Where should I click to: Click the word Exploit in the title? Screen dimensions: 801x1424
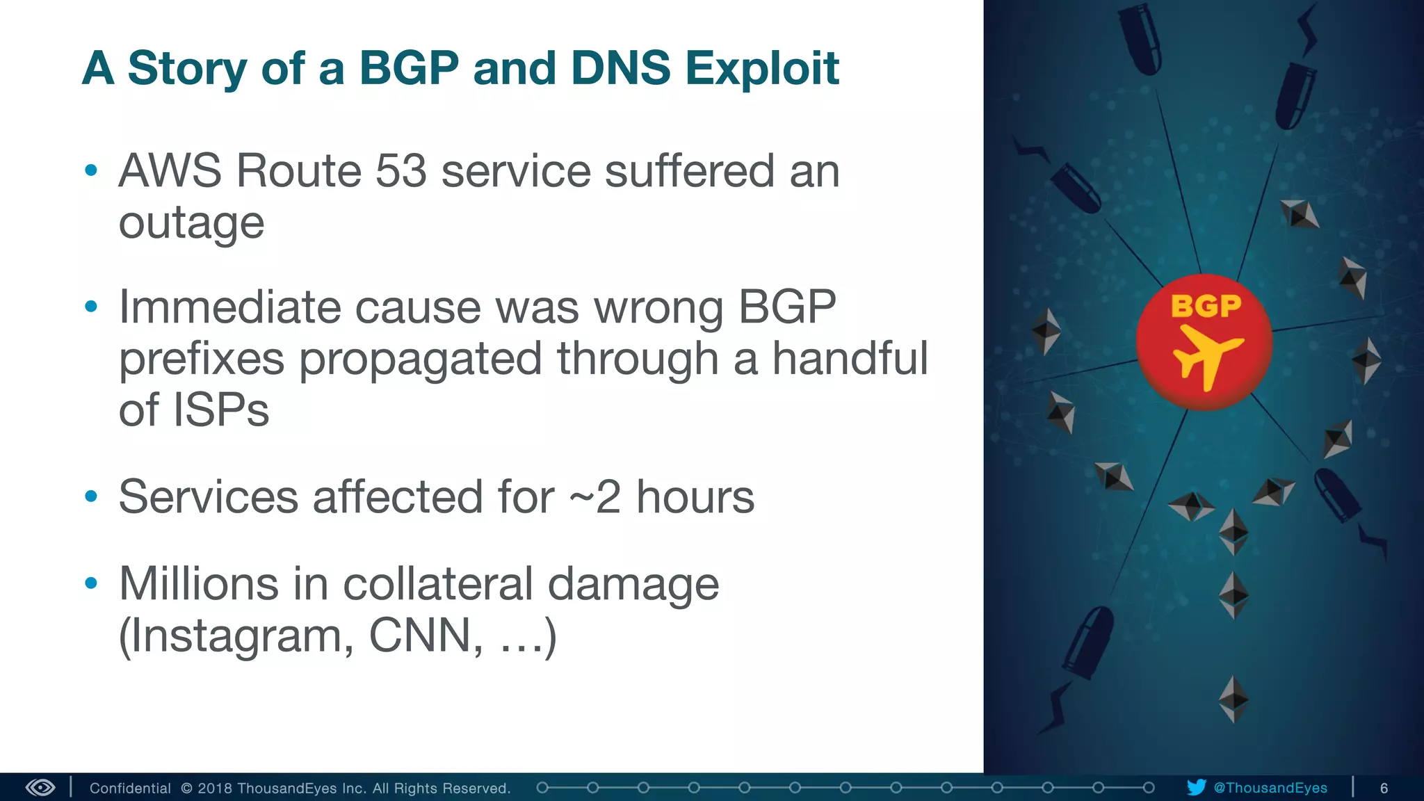click(762, 68)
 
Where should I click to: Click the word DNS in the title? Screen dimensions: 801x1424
click(620, 68)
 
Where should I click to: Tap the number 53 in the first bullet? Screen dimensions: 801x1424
click(400, 171)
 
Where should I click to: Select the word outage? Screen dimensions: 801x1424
click(191, 224)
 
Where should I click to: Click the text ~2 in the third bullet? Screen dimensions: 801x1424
click(594, 497)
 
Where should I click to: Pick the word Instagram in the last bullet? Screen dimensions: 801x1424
click(236, 636)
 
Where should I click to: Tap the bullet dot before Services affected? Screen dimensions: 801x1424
click(91, 497)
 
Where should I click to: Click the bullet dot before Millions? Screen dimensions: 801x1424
click(91, 583)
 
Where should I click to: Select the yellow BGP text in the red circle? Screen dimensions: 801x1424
click(1206, 306)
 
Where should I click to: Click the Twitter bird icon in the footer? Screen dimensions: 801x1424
click(1196, 788)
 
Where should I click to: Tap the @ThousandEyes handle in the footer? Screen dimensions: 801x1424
click(1270, 788)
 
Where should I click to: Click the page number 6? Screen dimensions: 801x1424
click(1384, 788)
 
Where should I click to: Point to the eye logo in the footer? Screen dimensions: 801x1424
click(40, 788)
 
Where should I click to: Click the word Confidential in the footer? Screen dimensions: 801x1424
click(130, 788)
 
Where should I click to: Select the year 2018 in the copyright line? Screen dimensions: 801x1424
click(214, 788)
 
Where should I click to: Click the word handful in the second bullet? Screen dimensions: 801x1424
click(850, 359)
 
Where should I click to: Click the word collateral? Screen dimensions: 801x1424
click(438, 584)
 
